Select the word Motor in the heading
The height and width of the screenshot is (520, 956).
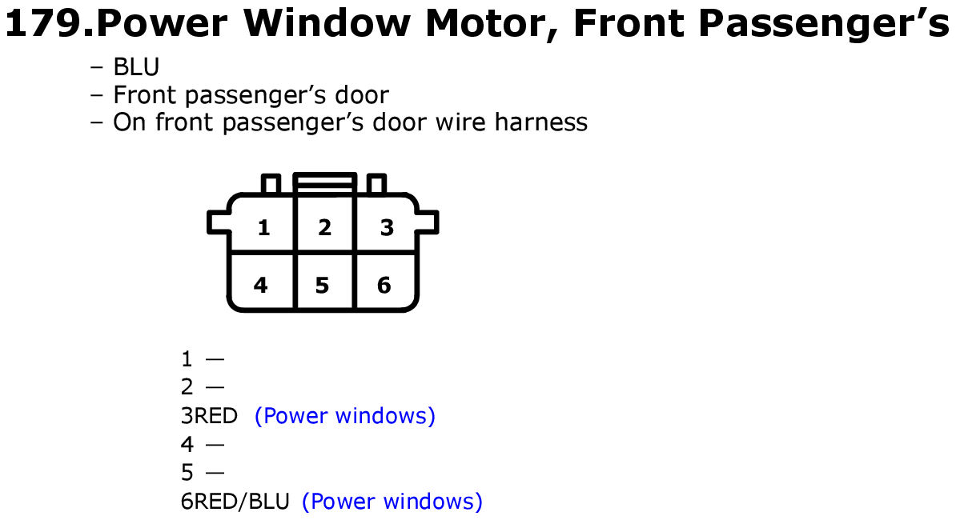(490, 23)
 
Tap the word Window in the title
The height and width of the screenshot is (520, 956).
(327, 23)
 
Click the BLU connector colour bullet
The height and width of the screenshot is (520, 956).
(136, 67)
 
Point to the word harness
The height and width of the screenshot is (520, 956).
(541, 122)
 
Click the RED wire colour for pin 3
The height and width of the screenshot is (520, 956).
(215, 416)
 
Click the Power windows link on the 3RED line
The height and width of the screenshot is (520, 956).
(345, 416)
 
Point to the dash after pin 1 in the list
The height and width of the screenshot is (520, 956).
(215, 359)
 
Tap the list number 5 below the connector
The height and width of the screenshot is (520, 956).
(187, 473)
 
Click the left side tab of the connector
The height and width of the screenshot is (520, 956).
(219, 222)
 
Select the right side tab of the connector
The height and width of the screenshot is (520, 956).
(428, 222)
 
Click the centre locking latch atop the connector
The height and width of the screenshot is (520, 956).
(324, 182)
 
